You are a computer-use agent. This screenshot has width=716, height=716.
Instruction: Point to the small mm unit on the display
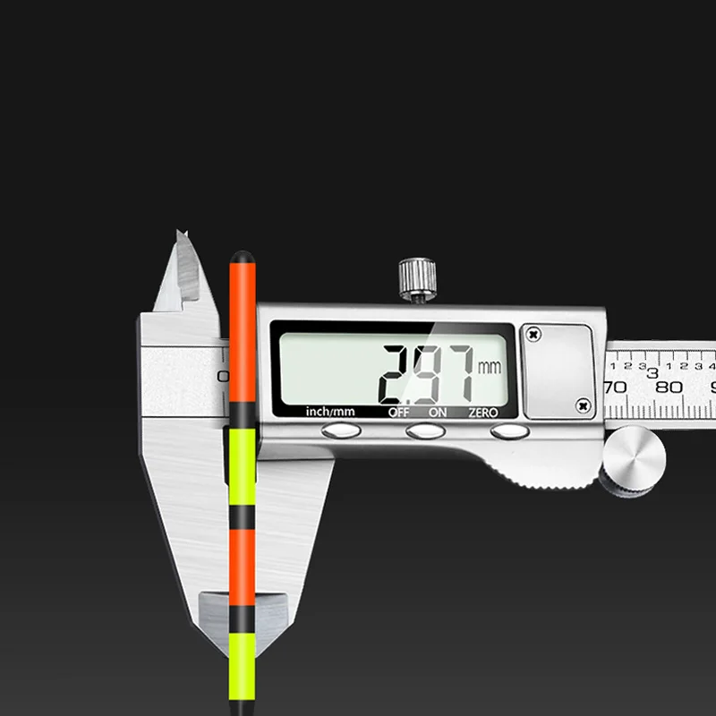490,367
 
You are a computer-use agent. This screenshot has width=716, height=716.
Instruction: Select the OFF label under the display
398,413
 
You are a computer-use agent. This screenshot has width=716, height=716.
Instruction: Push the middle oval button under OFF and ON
425,431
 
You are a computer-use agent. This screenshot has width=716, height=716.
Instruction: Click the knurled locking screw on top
416,278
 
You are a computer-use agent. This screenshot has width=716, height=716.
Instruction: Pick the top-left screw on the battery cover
535,334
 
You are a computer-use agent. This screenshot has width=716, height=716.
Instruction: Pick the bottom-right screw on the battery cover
584,405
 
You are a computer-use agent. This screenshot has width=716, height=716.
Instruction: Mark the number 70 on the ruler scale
615,388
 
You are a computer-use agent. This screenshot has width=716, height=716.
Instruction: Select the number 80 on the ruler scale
669,388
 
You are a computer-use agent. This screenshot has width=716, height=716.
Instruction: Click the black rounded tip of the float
240,257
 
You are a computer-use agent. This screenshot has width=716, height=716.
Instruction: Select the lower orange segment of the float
242,559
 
